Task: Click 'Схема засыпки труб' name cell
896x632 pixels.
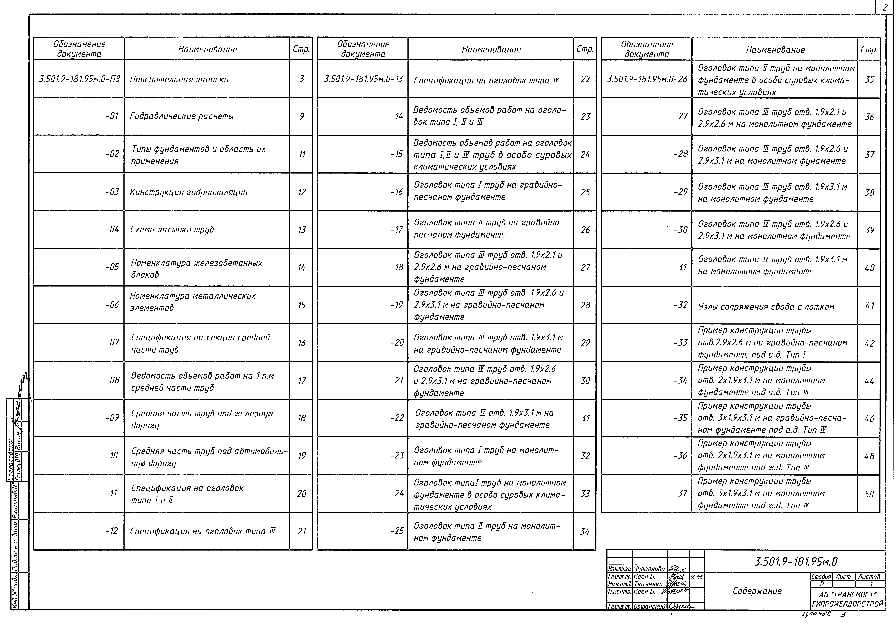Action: click(x=172, y=229)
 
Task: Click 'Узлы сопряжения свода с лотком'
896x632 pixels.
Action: click(x=766, y=307)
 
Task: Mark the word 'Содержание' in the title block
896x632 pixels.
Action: click(x=757, y=591)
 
